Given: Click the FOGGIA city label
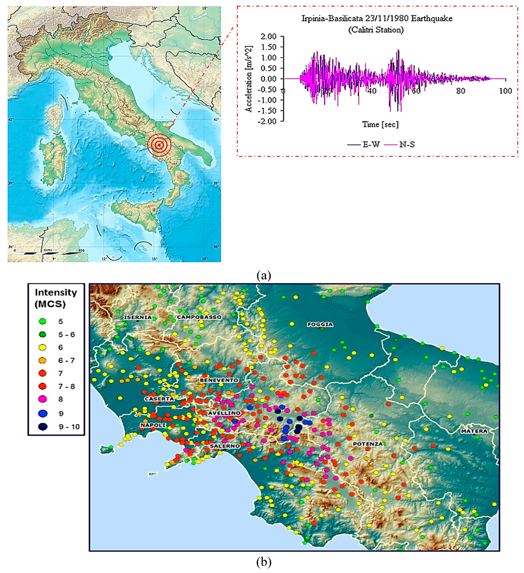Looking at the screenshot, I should (x=320, y=324).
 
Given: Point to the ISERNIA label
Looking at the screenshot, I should (x=138, y=317).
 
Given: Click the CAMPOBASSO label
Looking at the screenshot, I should (x=199, y=317).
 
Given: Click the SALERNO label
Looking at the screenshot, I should (x=225, y=446).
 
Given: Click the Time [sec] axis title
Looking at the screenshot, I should (x=380, y=125).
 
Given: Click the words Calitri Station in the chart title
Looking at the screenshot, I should (x=376, y=30).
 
